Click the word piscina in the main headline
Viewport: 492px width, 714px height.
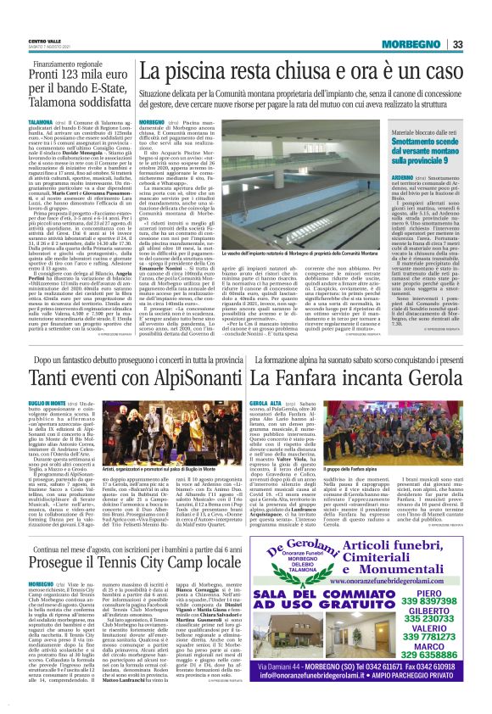199,75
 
